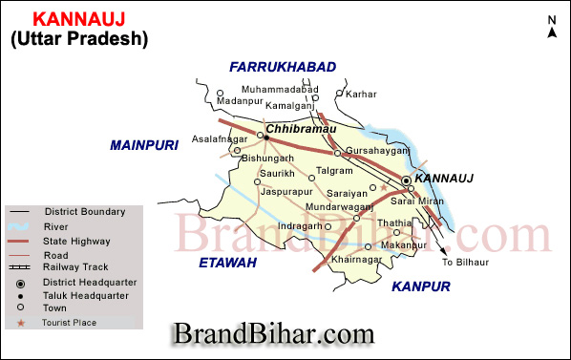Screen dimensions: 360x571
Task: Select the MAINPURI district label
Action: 144,145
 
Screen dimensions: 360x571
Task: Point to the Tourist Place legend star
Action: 21,323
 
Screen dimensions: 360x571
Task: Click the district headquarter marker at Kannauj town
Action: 406,180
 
